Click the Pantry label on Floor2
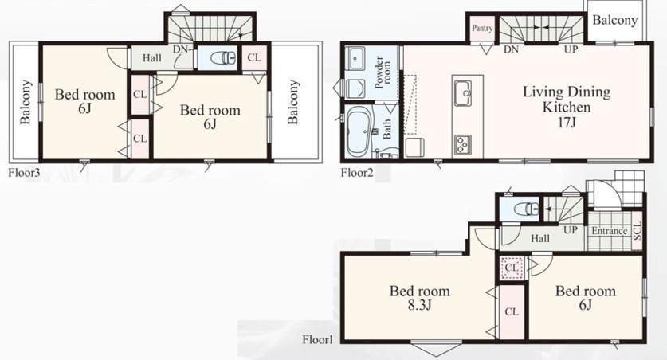(x=482, y=28)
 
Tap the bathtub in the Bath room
(x=359, y=131)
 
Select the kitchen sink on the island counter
(x=463, y=93)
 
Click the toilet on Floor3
(x=223, y=57)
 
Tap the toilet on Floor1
(x=526, y=209)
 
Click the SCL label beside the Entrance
(x=637, y=231)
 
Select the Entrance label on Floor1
(x=610, y=231)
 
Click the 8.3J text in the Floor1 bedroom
(x=419, y=305)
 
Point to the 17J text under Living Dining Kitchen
(x=567, y=123)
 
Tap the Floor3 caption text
(x=24, y=173)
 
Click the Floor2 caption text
(x=357, y=173)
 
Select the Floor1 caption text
(x=318, y=339)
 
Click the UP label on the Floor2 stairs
(x=571, y=49)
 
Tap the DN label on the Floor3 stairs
(x=180, y=49)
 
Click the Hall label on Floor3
(x=152, y=57)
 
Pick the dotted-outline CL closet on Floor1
(x=512, y=268)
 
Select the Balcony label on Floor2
(x=614, y=21)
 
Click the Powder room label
(x=383, y=72)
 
